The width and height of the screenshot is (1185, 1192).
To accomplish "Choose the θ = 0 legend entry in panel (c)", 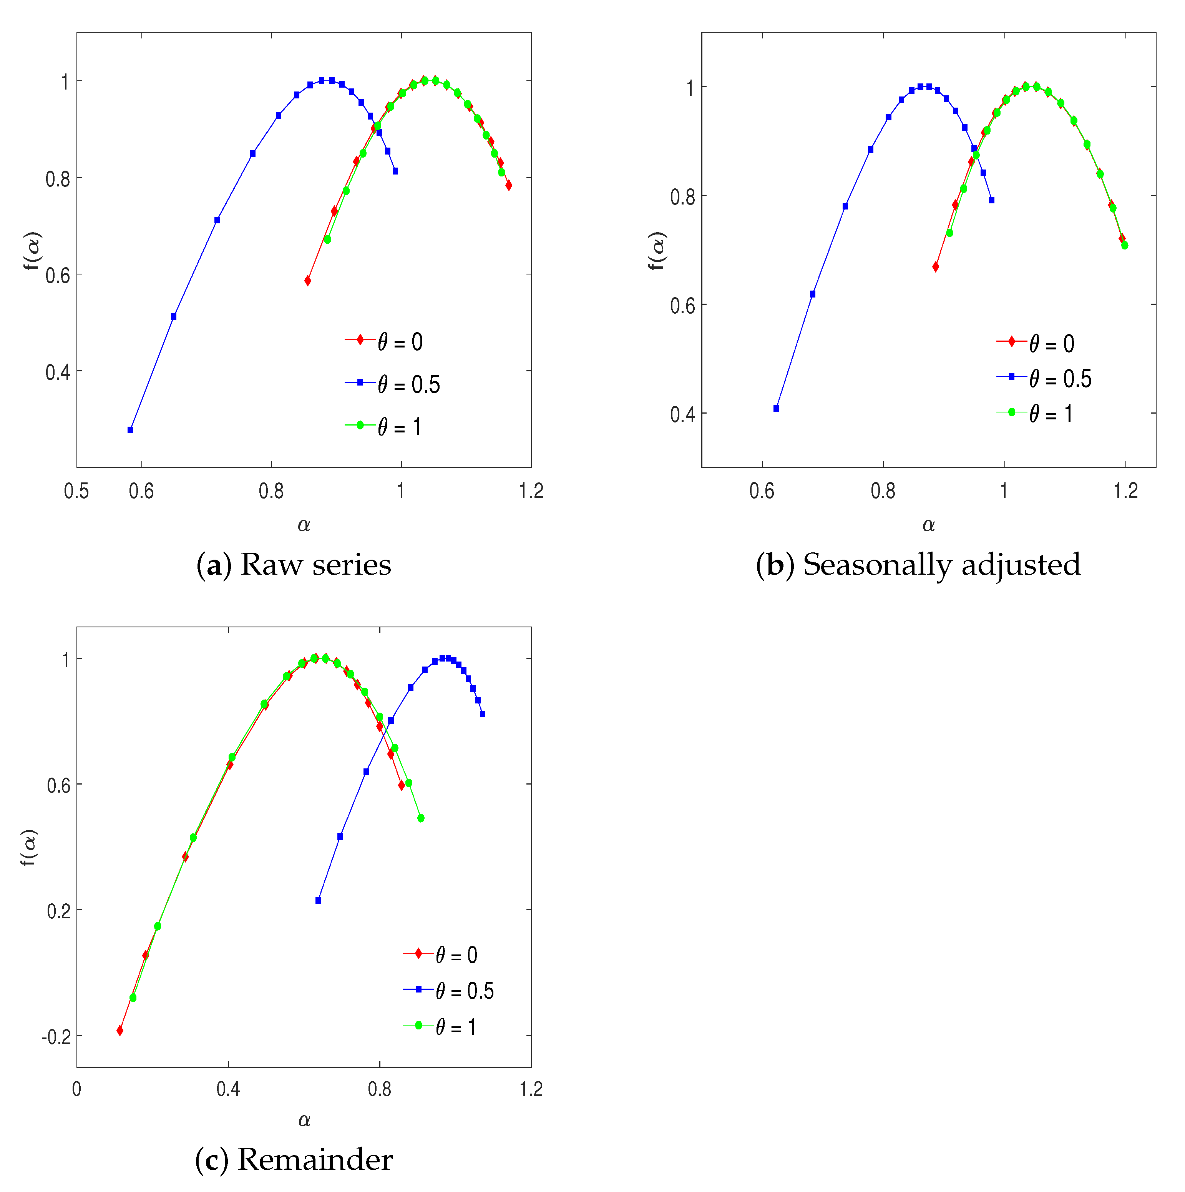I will [456, 956].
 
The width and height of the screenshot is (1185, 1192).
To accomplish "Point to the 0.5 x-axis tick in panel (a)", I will [76, 491].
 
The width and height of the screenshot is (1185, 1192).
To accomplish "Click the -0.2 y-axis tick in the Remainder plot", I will [56, 1037].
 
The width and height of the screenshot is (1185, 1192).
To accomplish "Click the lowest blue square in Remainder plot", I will [318, 901].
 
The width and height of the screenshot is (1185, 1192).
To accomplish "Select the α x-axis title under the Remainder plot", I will [304, 1121].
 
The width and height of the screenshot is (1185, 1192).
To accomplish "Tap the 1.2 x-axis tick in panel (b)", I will [1125, 491].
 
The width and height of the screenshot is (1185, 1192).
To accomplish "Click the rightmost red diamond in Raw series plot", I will [509, 185].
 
